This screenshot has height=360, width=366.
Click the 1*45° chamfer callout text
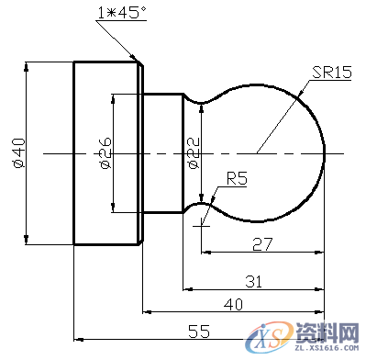coord(120,13)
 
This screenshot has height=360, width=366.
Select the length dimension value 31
coord(255,279)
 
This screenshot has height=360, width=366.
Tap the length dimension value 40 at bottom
coord(235,304)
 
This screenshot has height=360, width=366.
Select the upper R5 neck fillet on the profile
coord(191,98)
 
